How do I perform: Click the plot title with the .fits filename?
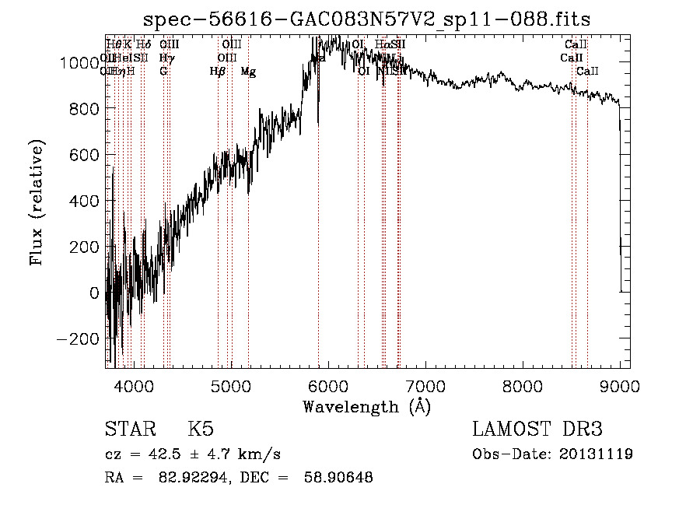pyautogui.click(x=368, y=20)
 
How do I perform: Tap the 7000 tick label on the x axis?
pyautogui.click(x=425, y=385)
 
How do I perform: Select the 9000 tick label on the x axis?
pyautogui.click(x=619, y=385)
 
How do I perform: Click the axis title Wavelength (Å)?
pyautogui.click(x=366, y=406)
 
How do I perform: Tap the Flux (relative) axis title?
pyautogui.click(x=37, y=202)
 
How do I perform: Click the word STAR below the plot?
pyautogui.click(x=129, y=430)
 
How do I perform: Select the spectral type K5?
pyautogui.click(x=201, y=430)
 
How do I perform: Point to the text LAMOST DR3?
pyautogui.click(x=537, y=430)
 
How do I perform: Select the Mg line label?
pyautogui.click(x=248, y=72)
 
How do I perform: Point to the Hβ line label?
pyautogui.click(x=217, y=72)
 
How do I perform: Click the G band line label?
pyautogui.click(x=163, y=72)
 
